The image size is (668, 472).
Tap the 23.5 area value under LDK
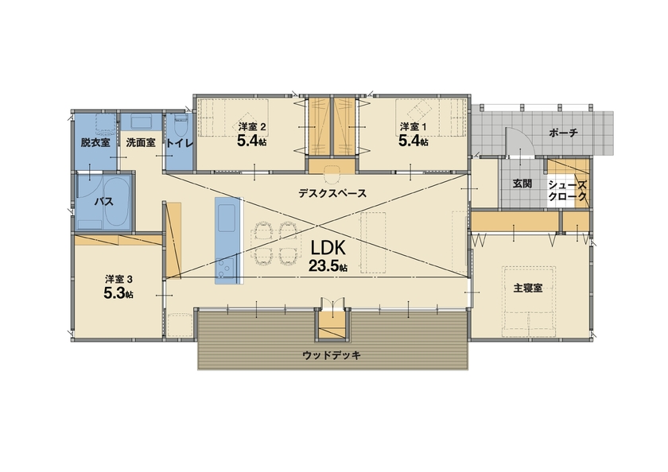tap(328, 267)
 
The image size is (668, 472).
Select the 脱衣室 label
tap(95, 143)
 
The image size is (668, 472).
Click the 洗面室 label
tap(140, 143)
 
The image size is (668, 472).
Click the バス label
tap(103, 202)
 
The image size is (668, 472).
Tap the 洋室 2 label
tap(251, 127)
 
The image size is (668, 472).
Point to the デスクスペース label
tap(332, 193)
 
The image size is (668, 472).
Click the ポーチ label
tap(563, 133)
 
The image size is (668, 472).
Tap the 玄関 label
tap(522, 184)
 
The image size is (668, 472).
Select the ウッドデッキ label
tap(332, 355)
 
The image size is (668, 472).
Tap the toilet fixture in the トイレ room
tap(178, 125)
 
